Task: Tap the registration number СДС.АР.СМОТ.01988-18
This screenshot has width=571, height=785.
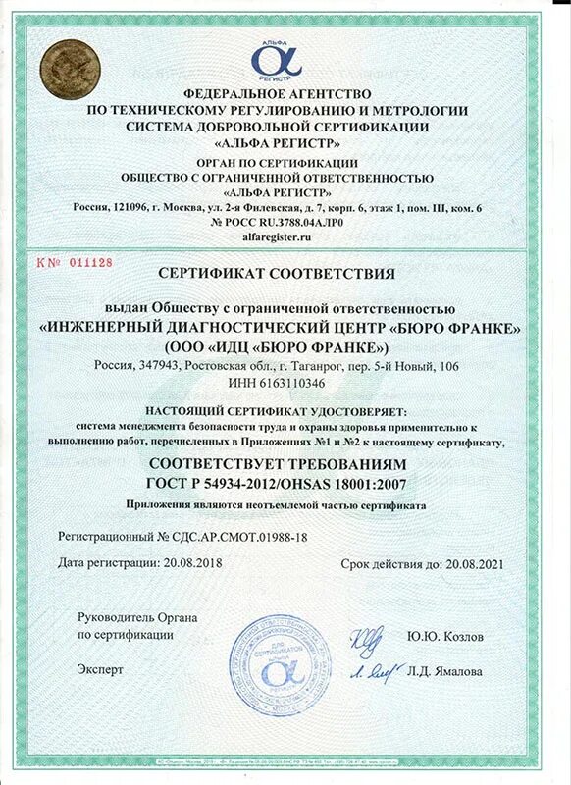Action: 236,538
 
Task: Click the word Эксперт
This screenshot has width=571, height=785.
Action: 101,669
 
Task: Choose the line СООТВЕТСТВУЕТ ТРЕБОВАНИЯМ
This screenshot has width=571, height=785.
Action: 285,461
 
